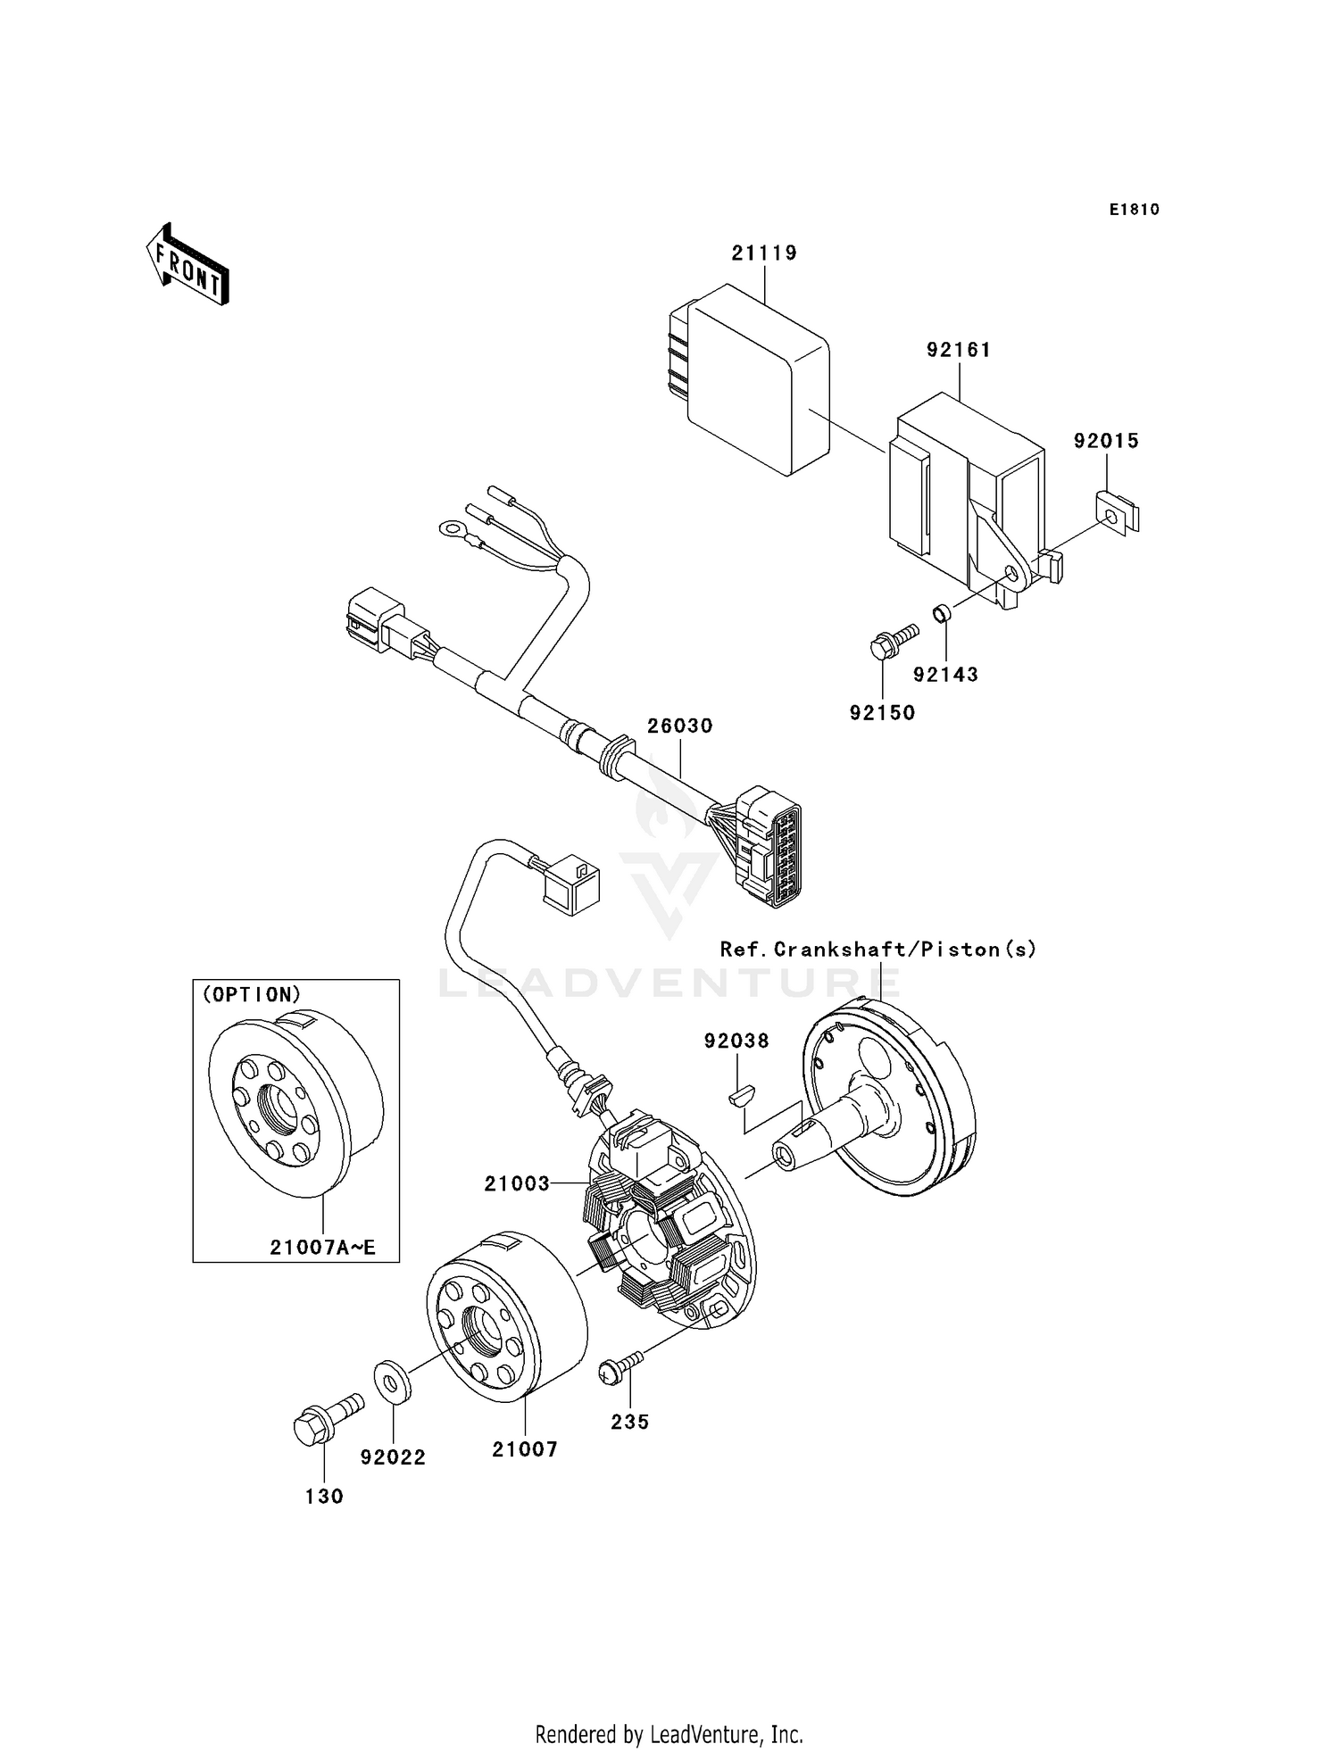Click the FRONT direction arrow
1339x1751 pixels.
pos(187,266)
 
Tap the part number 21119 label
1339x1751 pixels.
pos(764,253)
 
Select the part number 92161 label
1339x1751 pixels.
pos(959,350)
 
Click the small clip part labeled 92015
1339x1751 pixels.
pos(1117,514)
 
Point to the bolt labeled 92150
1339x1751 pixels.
pos(892,641)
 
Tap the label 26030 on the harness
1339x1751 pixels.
pos(680,726)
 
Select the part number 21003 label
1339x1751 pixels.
pos(517,1183)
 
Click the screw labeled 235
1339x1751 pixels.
pos(621,1370)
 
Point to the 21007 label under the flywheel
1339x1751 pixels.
pos(525,1450)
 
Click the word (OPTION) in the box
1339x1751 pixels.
pos(253,994)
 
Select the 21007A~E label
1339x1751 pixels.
pos(322,1248)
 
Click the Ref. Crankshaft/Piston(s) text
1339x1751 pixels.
pos(878,950)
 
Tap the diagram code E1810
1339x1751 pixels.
pos(1134,210)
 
